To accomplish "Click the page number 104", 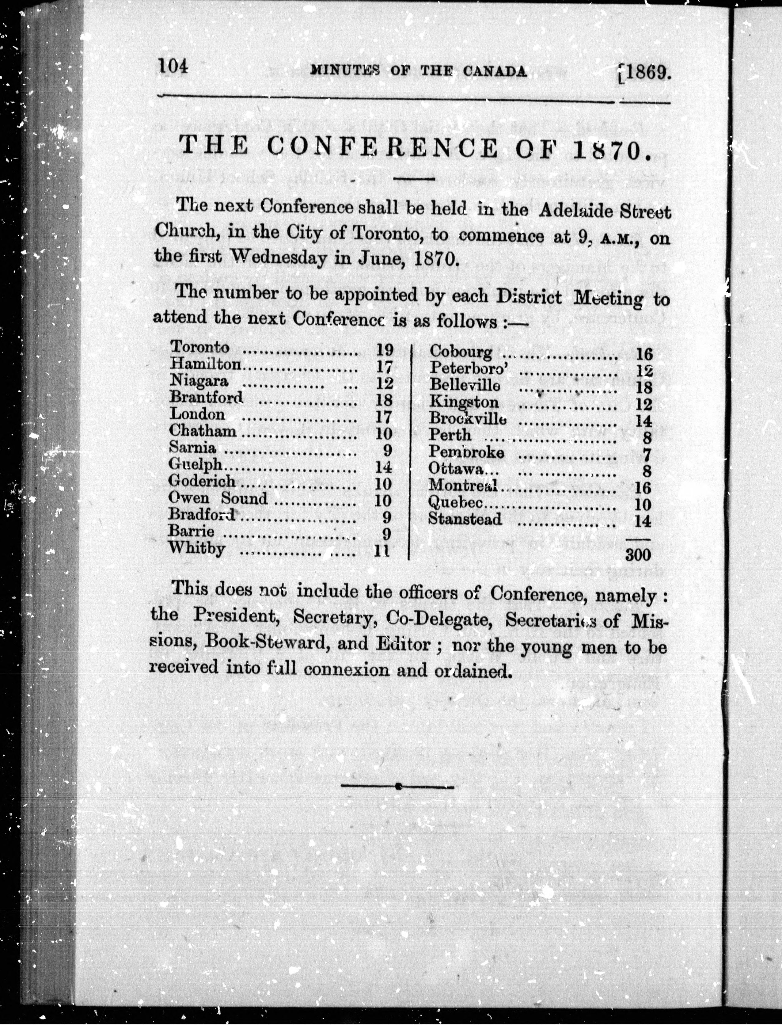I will [x=173, y=66].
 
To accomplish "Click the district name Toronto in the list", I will [x=200, y=347].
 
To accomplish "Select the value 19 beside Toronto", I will [x=385, y=349].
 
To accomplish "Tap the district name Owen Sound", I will [x=218, y=498].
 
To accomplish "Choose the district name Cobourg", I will [x=460, y=352].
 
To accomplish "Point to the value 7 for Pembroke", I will [x=647, y=455].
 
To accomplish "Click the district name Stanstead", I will [x=465, y=519].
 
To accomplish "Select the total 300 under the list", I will [x=638, y=554].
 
